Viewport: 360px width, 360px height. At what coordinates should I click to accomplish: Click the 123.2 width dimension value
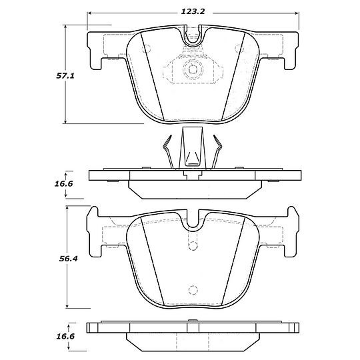(193, 11)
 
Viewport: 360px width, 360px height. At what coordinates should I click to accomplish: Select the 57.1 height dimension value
(65, 76)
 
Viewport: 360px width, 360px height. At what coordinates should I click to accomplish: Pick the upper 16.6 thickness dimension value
(63, 184)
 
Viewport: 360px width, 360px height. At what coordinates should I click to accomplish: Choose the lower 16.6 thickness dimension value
(65, 337)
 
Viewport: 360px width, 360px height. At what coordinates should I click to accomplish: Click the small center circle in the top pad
(193, 69)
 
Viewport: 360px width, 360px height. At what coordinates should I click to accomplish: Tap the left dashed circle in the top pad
(146, 49)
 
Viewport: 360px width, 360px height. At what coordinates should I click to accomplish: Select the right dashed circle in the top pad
(239, 49)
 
